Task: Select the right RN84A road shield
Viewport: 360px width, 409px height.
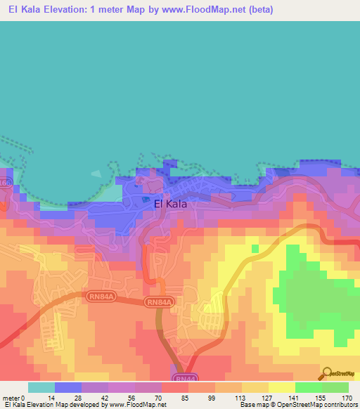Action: pyautogui.click(x=157, y=302)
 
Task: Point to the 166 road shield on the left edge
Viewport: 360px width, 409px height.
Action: pyautogui.click(x=4, y=183)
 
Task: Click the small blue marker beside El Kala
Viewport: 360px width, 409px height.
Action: pyautogui.click(x=146, y=200)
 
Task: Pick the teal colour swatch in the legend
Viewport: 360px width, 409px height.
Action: pyautogui.click(x=41, y=387)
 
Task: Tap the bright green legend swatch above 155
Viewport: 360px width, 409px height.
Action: pyautogui.click(x=308, y=387)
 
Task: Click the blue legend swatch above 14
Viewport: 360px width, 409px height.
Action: pyautogui.click(x=67, y=387)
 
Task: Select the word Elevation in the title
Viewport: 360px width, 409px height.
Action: pyautogui.click(x=65, y=10)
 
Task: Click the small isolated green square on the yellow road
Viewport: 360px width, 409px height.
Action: pyautogui.click(x=255, y=247)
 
